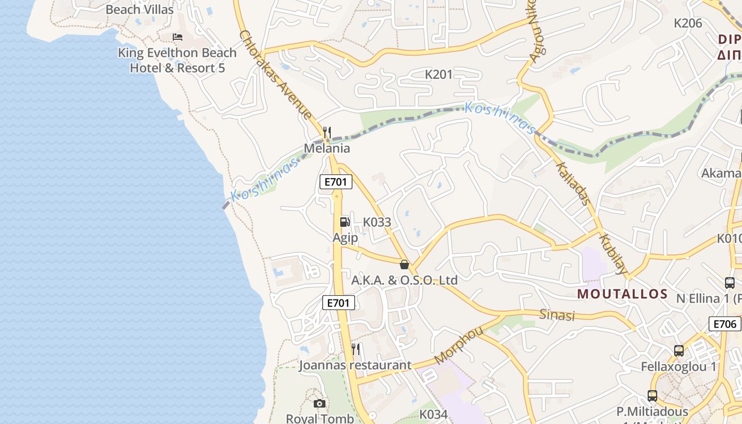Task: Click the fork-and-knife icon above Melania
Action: coord(327,132)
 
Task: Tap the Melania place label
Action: coord(326,148)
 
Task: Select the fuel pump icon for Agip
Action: coord(344,222)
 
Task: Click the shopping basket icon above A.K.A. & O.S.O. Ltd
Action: coord(404,264)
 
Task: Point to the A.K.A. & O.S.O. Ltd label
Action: coord(404,280)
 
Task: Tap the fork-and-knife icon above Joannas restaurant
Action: coord(356,349)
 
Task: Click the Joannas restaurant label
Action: coord(355,365)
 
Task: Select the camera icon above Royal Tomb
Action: coord(319,404)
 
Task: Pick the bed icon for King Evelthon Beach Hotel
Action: coord(178,37)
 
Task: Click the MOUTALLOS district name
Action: coord(622,294)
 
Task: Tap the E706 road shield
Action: coord(725,324)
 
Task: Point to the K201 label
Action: coord(439,75)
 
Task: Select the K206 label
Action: coord(687,23)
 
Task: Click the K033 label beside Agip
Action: coord(377,223)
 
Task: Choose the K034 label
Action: coord(434,414)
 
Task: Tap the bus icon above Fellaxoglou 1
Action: coord(678,351)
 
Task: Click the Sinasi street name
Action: coord(557,315)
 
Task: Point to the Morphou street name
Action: coord(459,346)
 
